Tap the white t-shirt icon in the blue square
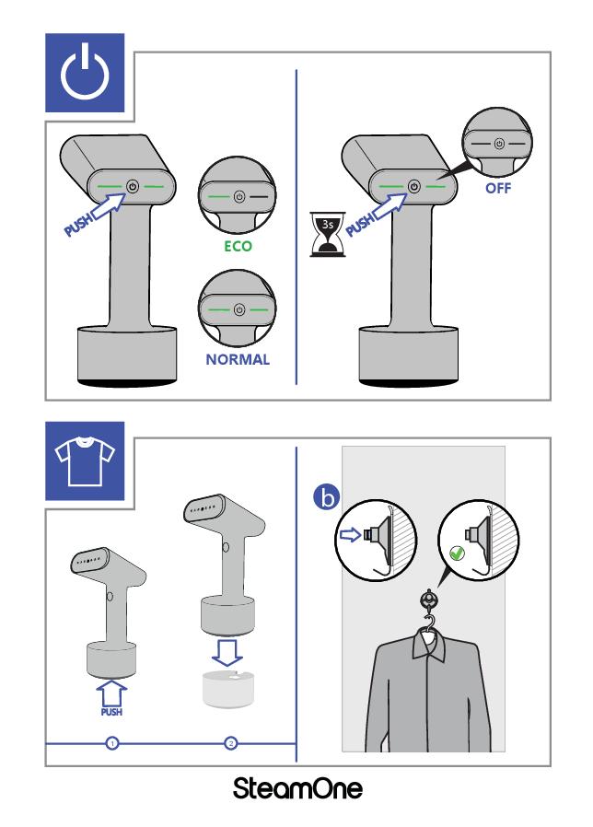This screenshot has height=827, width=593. (85, 461)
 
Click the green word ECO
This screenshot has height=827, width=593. (238, 246)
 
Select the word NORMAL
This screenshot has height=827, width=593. (238, 360)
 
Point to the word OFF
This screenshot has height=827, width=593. (498, 188)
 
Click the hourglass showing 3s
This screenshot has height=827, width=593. (328, 234)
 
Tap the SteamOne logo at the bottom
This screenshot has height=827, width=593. (297, 788)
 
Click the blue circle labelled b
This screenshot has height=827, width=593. (327, 498)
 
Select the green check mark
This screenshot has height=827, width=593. (457, 553)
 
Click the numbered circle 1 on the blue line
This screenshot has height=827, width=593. (111, 743)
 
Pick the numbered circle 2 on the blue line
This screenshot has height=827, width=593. (230, 743)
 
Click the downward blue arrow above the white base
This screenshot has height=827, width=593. (227, 652)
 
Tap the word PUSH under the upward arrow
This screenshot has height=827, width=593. (111, 712)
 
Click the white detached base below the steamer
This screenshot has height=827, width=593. (228, 688)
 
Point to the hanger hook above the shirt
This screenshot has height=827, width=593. (428, 623)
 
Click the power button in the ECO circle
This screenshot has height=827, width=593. (239, 197)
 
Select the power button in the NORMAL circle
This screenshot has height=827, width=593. (239, 309)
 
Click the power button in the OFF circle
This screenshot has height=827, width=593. (499, 144)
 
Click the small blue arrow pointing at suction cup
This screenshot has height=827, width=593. (349, 535)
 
